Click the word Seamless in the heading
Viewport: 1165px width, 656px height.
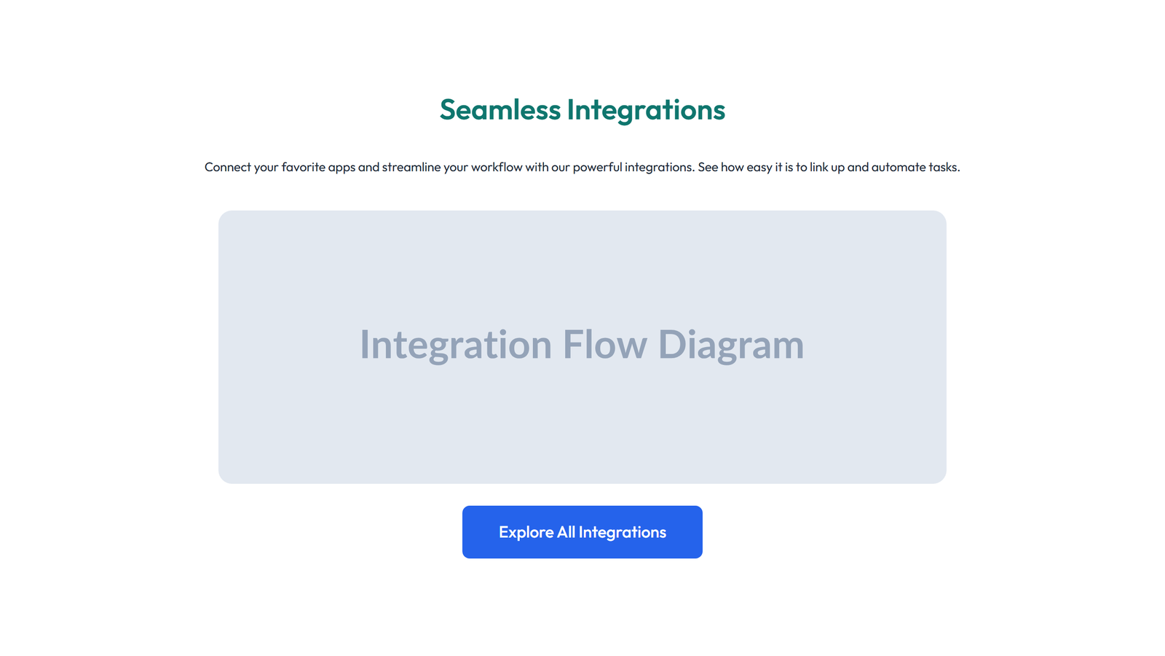(x=500, y=110)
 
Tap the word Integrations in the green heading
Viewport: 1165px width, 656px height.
(x=646, y=110)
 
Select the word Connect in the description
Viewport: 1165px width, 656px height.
(x=227, y=167)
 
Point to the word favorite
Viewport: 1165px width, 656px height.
(x=303, y=167)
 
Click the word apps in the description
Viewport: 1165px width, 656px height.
(x=341, y=167)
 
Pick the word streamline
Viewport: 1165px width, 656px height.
(x=411, y=167)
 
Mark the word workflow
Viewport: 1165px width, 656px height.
(x=497, y=167)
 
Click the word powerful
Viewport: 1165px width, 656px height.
(x=597, y=167)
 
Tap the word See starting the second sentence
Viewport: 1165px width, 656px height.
(x=708, y=167)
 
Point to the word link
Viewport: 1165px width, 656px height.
(x=818, y=167)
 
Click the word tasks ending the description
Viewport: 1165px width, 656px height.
(x=944, y=167)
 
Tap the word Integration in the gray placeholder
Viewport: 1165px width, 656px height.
(x=456, y=345)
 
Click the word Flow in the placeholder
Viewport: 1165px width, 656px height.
(x=604, y=345)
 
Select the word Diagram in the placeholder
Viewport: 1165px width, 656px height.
(x=730, y=345)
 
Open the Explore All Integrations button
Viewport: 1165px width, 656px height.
(x=582, y=532)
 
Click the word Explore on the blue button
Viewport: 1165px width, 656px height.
(x=526, y=532)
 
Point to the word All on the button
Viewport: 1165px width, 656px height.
(x=566, y=532)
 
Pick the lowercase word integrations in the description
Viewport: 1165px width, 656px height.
(x=659, y=167)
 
